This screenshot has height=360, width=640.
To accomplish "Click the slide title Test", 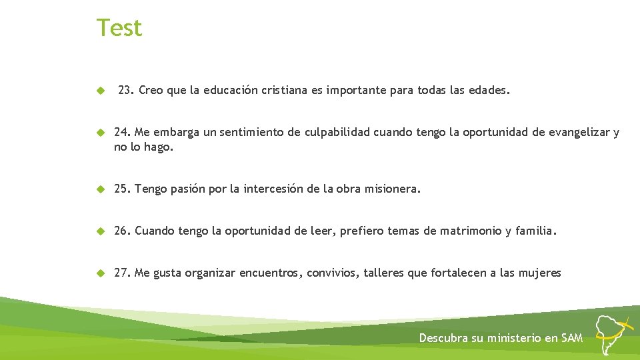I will click(119, 28).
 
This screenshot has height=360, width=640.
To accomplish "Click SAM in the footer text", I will click(572, 338).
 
